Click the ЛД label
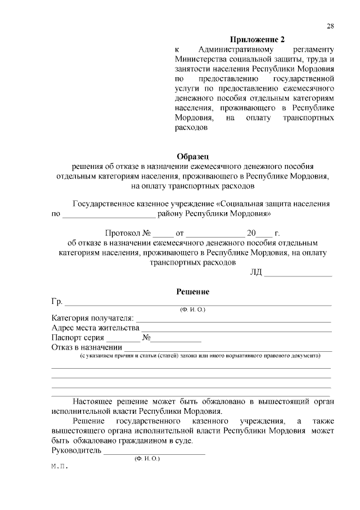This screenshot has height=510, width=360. click(x=256, y=273)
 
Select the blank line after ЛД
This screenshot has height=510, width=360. click(x=298, y=275)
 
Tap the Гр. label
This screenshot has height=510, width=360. click(x=56, y=302)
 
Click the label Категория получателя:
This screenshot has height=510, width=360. click(x=92, y=318)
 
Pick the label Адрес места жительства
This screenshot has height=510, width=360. click(x=95, y=328)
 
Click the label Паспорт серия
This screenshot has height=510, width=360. click(x=78, y=338)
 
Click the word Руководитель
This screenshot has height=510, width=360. click(x=76, y=451)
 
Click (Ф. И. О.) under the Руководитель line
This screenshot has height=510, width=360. click(x=147, y=459)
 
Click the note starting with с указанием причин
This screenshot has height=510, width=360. click(x=200, y=356)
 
